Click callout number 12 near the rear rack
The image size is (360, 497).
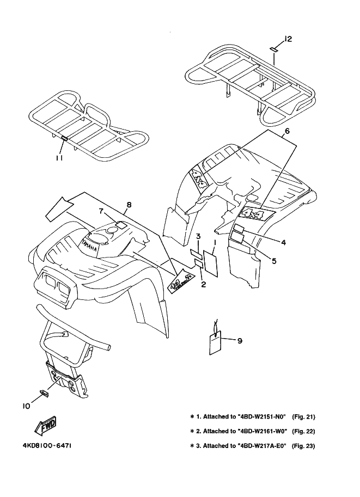pyautogui.click(x=288, y=39)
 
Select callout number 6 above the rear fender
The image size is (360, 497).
pyautogui.click(x=286, y=131)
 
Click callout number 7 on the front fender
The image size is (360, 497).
pyautogui.click(x=101, y=211)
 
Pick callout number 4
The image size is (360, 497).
pyautogui.click(x=284, y=241)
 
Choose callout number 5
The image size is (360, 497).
pyautogui.click(x=274, y=261)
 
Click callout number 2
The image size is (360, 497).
pyautogui.click(x=203, y=284)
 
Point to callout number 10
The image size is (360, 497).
pyautogui.click(x=26, y=405)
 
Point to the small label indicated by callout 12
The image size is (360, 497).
pyautogui.click(x=275, y=48)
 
